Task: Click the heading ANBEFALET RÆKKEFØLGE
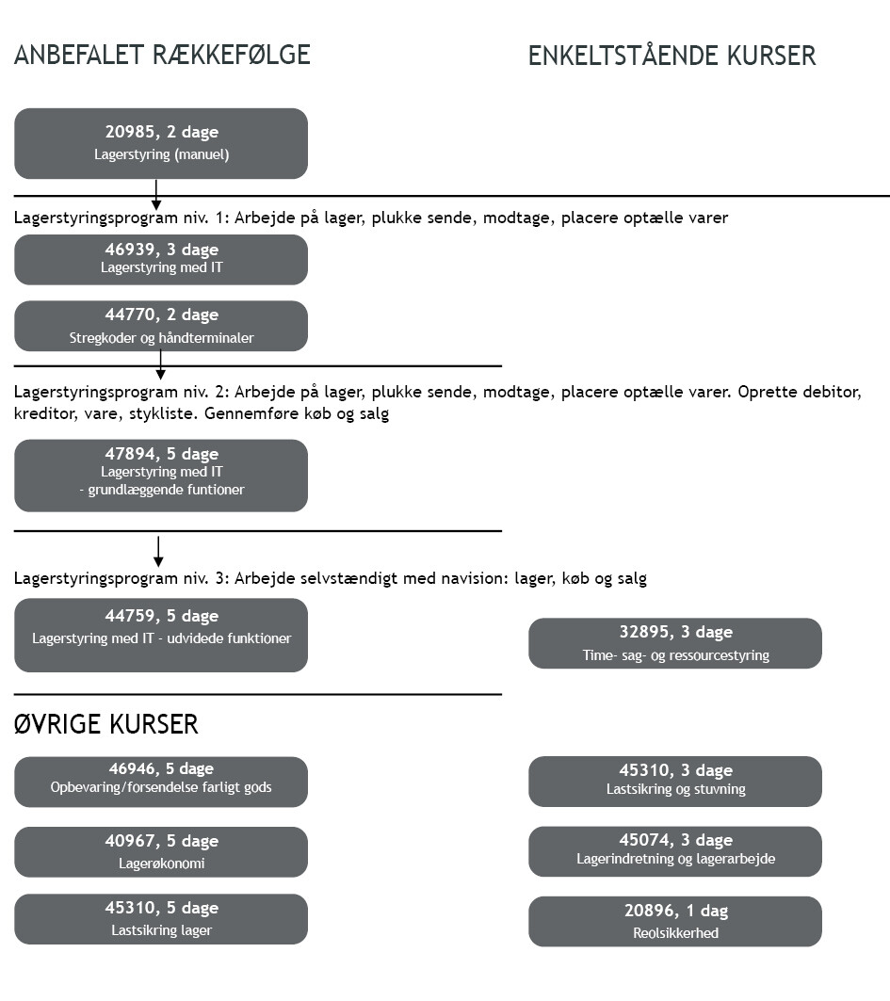click(x=162, y=55)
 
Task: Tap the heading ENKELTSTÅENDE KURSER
click(x=672, y=56)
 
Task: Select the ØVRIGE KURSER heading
click(x=106, y=724)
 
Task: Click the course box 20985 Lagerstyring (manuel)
click(x=161, y=144)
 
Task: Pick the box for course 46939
click(x=161, y=259)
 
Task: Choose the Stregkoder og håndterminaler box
click(x=161, y=326)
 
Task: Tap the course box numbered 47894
click(x=161, y=476)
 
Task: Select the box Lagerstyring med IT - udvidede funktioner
click(x=161, y=636)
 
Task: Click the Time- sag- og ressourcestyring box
click(x=675, y=643)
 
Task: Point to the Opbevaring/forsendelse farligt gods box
click(x=161, y=782)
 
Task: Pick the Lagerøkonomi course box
click(x=161, y=851)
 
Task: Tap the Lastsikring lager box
click(x=161, y=919)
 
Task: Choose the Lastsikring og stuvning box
click(x=675, y=782)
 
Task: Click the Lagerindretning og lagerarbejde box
click(x=675, y=851)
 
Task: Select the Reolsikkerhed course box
click(x=675, y=921)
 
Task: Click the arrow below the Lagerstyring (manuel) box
click(x=155, y=195)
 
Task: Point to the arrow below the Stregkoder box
click(x=161, y=365)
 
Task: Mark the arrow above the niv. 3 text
click(x=158, y=552)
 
